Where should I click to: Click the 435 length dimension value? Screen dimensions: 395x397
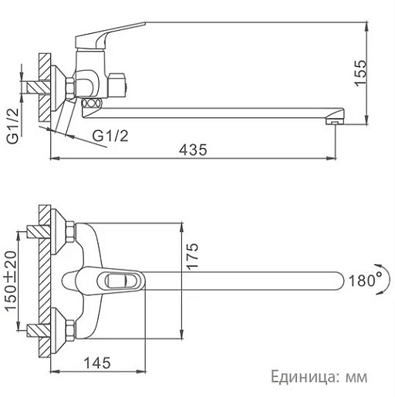(x=193, y=150)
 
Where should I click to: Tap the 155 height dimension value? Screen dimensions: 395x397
(x=360, y=73)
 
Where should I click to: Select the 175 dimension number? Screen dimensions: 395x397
(x=192, y=256)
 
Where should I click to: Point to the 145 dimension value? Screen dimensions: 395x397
(x=97, y=363)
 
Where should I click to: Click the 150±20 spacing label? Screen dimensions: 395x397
(x=11, y=281)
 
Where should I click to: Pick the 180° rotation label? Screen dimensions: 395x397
(x=366, y=281)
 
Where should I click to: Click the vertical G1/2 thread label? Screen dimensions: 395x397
(x=13, y=126)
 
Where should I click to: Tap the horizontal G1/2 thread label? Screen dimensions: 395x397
(x=110, y=136)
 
